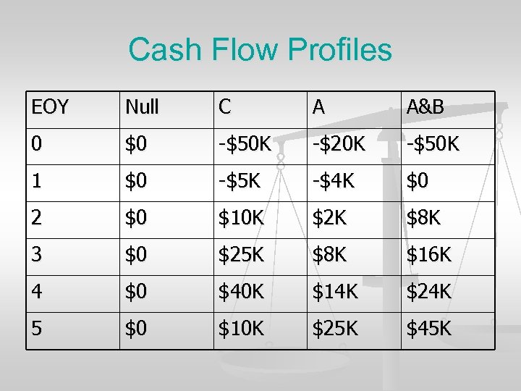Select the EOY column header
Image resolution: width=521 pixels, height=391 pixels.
pos(50,109)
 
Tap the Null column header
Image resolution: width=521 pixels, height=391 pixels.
pos(142,109)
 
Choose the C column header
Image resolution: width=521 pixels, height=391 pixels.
pos(226,109)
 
